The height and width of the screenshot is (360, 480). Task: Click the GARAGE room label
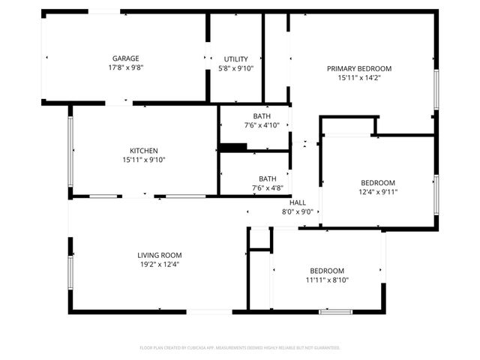126,58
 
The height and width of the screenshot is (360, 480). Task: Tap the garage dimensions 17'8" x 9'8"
126,67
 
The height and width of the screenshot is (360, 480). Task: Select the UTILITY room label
235,58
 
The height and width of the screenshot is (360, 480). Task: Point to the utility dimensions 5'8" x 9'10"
235,67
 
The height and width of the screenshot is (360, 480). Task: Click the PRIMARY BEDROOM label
359,68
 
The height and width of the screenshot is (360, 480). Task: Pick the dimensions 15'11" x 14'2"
359,77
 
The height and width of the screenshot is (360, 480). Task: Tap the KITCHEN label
143,150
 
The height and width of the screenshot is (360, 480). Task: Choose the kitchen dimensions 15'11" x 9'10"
143,159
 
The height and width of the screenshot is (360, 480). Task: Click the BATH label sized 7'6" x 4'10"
262,115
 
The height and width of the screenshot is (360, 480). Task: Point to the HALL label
298,202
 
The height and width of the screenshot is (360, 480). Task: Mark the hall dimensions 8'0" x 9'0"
298,211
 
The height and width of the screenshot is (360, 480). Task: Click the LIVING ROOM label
160,255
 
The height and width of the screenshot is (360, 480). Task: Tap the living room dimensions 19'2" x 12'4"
160,264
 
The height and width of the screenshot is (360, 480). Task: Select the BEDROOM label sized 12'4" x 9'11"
378,182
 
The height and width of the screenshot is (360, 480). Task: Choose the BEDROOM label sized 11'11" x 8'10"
327,271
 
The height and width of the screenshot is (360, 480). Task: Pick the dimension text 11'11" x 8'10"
327,280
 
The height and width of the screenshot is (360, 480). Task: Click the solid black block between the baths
233,147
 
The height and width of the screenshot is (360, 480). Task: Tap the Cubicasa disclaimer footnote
240,348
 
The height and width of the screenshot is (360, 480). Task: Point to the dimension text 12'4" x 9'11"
378,191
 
